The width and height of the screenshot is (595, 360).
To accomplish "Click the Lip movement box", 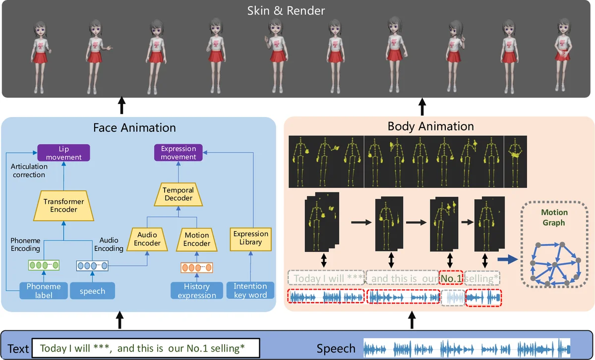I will (x=64, y=152).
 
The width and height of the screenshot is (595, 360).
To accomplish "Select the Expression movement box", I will (x=178, y=152).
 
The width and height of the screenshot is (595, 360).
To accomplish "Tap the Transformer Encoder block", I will (x=64, y=205).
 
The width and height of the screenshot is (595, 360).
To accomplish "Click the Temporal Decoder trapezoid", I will (x=178, y=194).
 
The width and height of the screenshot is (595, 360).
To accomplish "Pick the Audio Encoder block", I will (x=147, y=239).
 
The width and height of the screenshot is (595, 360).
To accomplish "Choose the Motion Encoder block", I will (x=197, y=239).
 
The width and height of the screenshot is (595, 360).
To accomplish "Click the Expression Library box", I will (x=251, y=238).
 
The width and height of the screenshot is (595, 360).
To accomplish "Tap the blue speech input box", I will (x=92, y=291).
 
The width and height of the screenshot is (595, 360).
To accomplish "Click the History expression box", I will (x=197, y=291).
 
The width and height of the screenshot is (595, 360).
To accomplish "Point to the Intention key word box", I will (x=250, y=291).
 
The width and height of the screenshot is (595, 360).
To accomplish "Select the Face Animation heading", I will (x=134, y=127).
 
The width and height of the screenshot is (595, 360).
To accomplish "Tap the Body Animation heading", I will (x=430, y=126).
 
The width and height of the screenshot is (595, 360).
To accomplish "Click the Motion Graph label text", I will (x=554, y=218).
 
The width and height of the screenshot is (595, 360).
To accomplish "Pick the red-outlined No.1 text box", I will (x=451, y=278).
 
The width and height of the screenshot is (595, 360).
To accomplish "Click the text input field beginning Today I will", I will (x=146, y=348).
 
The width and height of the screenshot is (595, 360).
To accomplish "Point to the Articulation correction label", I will (x=28, y=171).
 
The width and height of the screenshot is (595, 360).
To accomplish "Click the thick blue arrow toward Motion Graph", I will (x=506, y=258).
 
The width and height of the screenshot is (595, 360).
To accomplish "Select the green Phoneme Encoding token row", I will (x=43, y=266).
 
